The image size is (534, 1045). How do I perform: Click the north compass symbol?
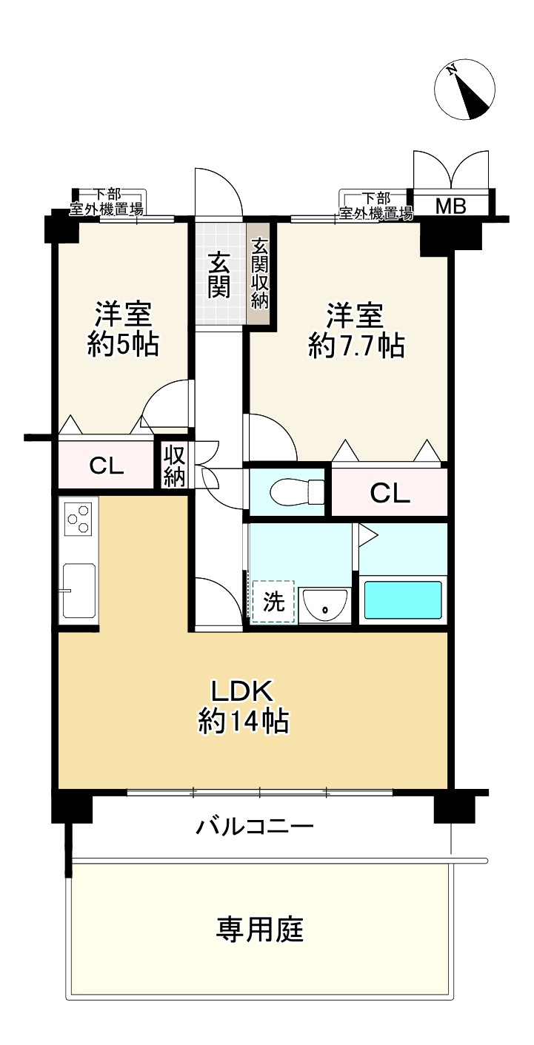464,89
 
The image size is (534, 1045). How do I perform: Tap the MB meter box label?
451,206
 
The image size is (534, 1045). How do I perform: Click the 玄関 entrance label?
219,275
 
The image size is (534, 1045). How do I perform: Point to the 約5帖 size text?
123,345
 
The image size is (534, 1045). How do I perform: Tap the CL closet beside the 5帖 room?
107,466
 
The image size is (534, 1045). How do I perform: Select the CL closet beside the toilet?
390,494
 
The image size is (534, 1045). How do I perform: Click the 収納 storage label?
173,465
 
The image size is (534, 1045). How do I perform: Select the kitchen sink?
79,593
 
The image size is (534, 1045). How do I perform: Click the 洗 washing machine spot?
273,602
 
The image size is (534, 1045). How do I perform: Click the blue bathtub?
403,599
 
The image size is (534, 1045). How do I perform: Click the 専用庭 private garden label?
260,929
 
